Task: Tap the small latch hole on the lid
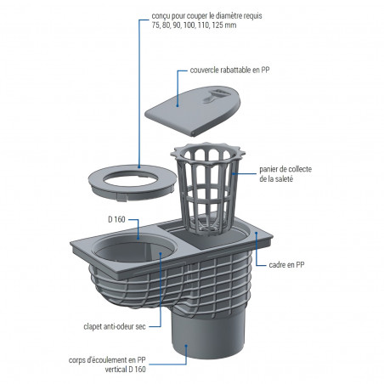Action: coord(208,99)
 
